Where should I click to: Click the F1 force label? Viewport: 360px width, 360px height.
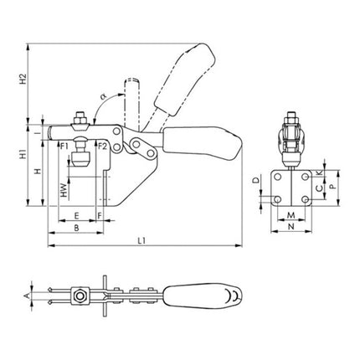click(64, 147)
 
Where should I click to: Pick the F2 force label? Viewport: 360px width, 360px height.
click(101, 147)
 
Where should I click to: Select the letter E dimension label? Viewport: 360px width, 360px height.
click(76, 214)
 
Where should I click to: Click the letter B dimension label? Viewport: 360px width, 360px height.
click(76, 227)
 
